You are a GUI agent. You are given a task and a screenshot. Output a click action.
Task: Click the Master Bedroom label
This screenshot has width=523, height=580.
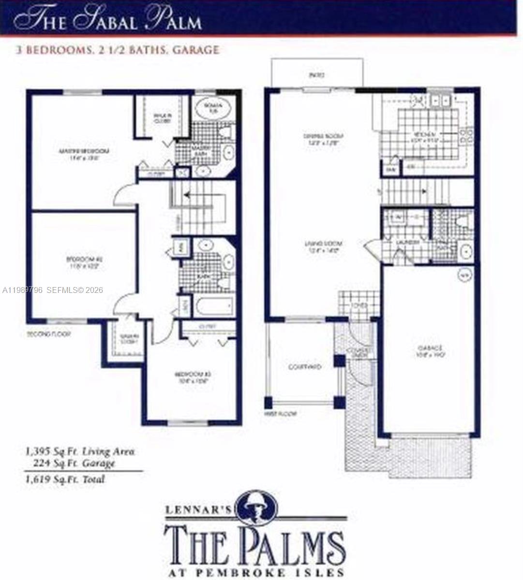(84, 151)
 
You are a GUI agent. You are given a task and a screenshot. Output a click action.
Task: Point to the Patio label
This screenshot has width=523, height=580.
(316, 75)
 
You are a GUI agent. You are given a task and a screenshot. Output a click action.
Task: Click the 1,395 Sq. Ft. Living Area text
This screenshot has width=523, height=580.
(80, 452)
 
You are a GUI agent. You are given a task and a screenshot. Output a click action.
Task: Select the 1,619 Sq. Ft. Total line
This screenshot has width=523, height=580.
(65, 479)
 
